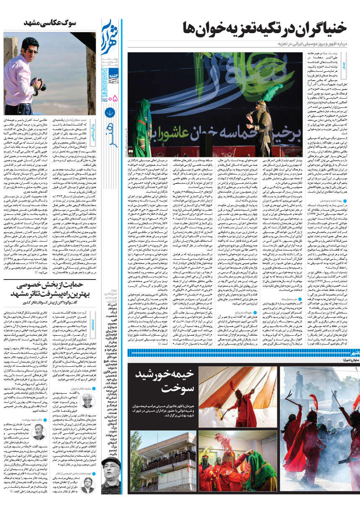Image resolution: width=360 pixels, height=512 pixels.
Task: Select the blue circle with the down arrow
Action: pyautogui.click(x=110, y=112)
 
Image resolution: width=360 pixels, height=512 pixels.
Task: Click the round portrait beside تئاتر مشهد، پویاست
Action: pyautogui.click(x=39, y=431)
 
